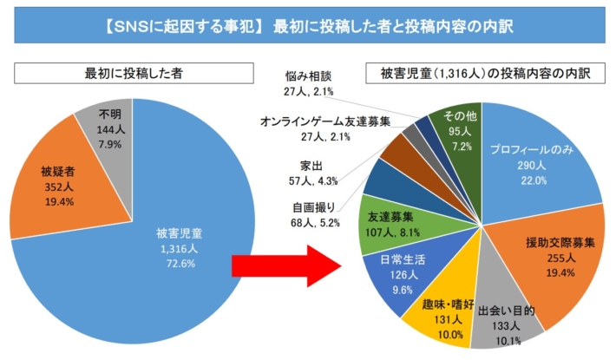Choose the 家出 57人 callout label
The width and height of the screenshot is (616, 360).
coord(311,173)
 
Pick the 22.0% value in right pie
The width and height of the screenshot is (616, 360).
coord(532,180)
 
